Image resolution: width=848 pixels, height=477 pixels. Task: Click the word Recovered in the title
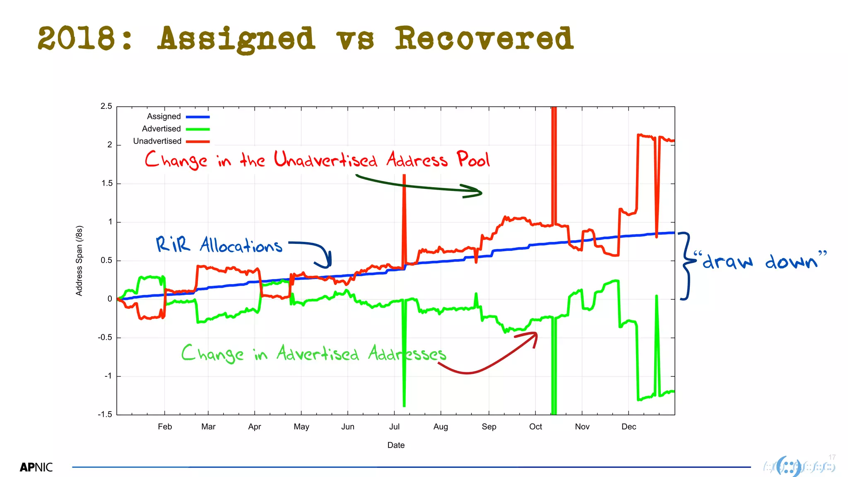[x=484, y=39]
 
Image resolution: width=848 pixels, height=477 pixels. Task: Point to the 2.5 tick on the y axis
[x=106, y=106]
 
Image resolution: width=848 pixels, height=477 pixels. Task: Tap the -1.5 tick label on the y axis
[x=105, y=414]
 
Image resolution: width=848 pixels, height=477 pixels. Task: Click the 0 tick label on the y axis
[x=110, y=299]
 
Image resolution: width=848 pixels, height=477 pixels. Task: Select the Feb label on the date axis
[x=165, y=427]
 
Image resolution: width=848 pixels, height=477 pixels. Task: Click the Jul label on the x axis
[x=394, y=427]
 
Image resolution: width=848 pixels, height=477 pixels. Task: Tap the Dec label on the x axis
[x=629, y=427]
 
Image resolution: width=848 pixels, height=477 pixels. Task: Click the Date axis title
[x=396, y=445]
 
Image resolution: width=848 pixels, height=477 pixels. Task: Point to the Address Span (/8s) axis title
[x=79, y=261]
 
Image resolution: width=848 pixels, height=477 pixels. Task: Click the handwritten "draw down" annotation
[x=760, y=261]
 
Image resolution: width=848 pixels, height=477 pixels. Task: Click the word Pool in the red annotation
[x=473, y=159]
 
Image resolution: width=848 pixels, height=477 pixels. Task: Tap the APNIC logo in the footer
[x=36, y=467]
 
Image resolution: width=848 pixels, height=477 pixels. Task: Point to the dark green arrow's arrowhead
[x=476, y=192]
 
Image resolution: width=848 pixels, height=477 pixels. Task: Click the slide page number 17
[x=832, y=457]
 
